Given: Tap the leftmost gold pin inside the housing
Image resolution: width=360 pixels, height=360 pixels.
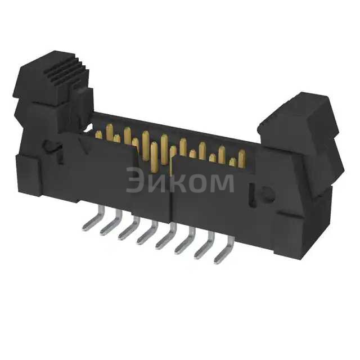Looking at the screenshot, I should click(x=99, y=134).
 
